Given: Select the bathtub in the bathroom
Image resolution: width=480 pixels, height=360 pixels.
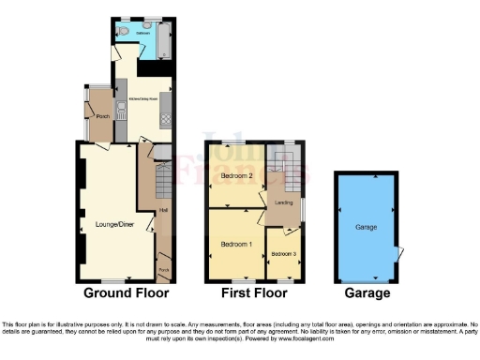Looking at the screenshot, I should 164,39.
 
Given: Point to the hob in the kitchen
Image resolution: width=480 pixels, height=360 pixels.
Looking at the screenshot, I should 166,118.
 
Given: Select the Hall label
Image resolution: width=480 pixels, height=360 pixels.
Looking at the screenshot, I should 163,209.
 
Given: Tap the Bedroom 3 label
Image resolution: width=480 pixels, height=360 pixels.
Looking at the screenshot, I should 283,254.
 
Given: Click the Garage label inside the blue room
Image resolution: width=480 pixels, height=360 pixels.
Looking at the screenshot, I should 366,227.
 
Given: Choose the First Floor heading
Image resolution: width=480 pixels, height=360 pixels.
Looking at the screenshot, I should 254,293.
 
